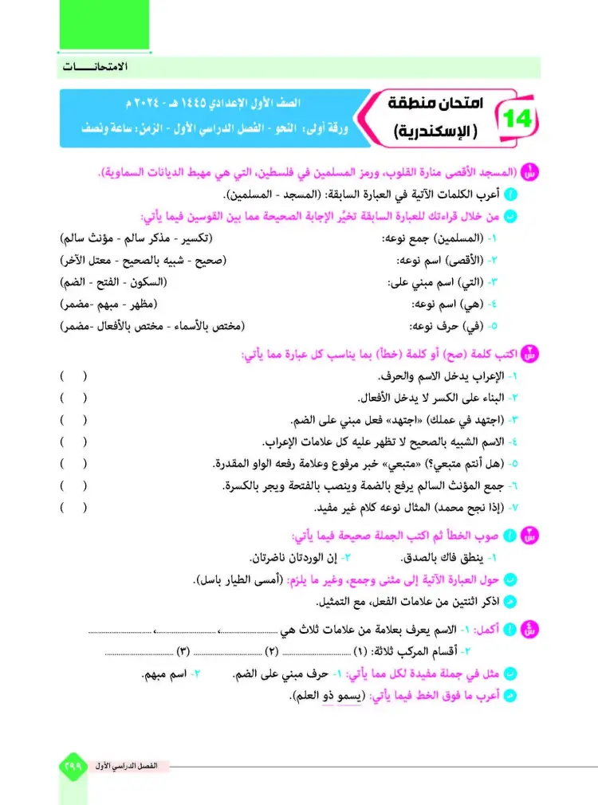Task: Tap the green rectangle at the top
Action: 104,26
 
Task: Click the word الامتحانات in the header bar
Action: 96,68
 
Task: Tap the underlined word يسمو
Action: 345,696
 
